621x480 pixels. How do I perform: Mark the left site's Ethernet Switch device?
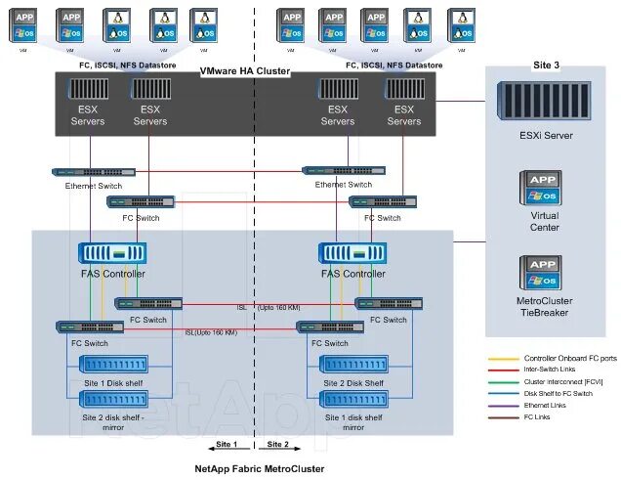95,171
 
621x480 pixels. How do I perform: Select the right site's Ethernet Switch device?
344,171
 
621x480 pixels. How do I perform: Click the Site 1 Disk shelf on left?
114,365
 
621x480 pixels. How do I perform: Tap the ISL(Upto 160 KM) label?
211,332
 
